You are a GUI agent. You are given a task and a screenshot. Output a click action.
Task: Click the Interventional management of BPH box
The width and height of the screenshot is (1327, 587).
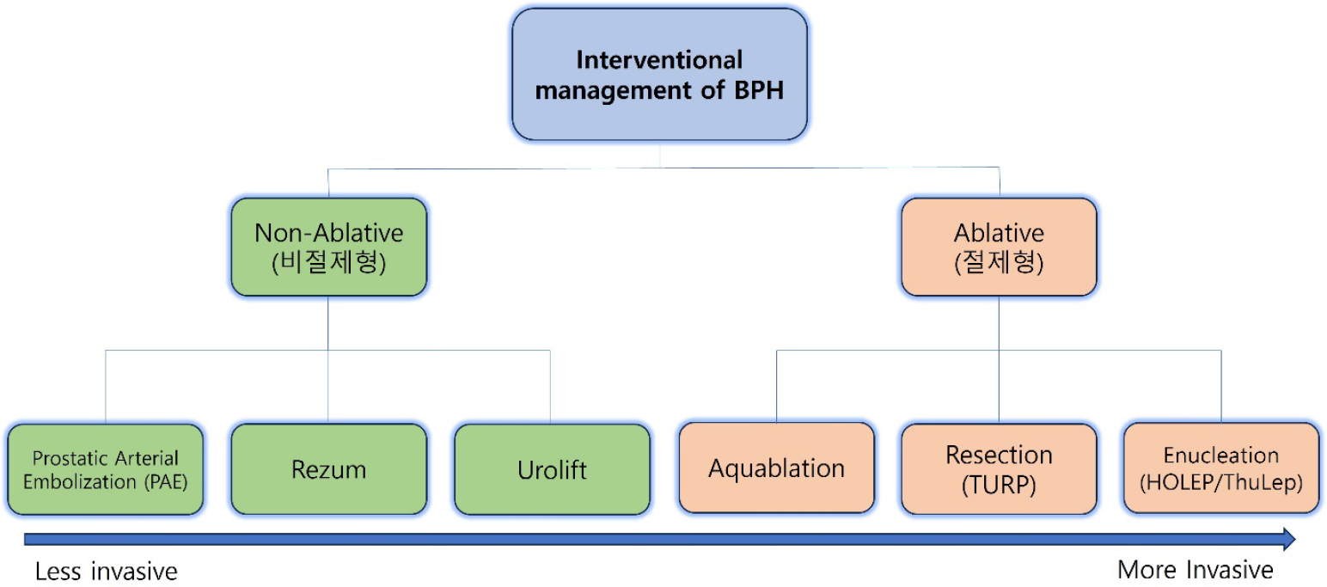[659, 75]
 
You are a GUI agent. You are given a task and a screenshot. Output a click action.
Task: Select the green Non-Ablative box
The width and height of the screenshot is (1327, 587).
[329, 247]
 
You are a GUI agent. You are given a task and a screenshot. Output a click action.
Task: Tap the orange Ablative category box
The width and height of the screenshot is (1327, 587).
[999, 247]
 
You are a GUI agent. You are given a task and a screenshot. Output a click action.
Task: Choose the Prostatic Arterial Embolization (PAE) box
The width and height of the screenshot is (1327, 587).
[106, 469]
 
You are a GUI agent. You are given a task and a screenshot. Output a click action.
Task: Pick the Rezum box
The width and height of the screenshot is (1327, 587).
[329, 469]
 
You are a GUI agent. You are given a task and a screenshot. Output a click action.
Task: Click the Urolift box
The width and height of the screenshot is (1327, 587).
[552, 469]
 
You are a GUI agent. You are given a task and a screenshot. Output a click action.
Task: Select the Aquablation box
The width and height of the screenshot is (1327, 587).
[777, 468]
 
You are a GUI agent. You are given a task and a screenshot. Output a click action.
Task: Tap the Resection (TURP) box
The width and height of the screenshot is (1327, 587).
[999, 469]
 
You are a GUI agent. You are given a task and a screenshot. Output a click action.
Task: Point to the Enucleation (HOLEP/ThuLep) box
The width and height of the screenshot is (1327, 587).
[1221, 468]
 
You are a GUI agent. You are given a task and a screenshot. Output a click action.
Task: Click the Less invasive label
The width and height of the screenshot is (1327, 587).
[106, 572]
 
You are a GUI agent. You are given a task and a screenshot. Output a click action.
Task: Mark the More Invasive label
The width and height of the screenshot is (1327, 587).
[1195, 570]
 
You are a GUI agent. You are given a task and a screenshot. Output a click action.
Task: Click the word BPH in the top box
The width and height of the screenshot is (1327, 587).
[759, 90]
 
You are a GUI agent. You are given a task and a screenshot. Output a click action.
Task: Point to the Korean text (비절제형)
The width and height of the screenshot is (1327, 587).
[329, 262]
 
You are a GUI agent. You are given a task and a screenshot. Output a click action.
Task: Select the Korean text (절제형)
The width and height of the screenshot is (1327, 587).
[999, 262]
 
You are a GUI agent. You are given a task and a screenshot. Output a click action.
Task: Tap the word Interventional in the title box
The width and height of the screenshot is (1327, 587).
[659, 60]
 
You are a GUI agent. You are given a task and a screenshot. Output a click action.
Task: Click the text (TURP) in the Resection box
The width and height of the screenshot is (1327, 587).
[999, 485]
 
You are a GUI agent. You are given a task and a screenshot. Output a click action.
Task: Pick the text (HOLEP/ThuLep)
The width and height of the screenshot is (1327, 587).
[1221, 482]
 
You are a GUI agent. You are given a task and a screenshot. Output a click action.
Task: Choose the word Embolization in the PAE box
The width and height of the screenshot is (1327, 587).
[80, 481]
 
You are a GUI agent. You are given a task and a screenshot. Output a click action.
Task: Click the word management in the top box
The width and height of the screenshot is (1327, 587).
[613, 90]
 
